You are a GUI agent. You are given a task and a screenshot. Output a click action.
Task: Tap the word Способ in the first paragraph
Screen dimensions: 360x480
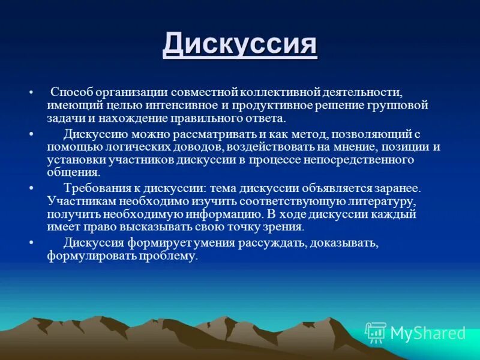click(x=70, y=92)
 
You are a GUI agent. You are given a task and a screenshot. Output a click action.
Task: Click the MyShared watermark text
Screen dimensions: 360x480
click(x=427, y=333)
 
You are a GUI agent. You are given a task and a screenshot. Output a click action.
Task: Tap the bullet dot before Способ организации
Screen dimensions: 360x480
click(x=31, y=94)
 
